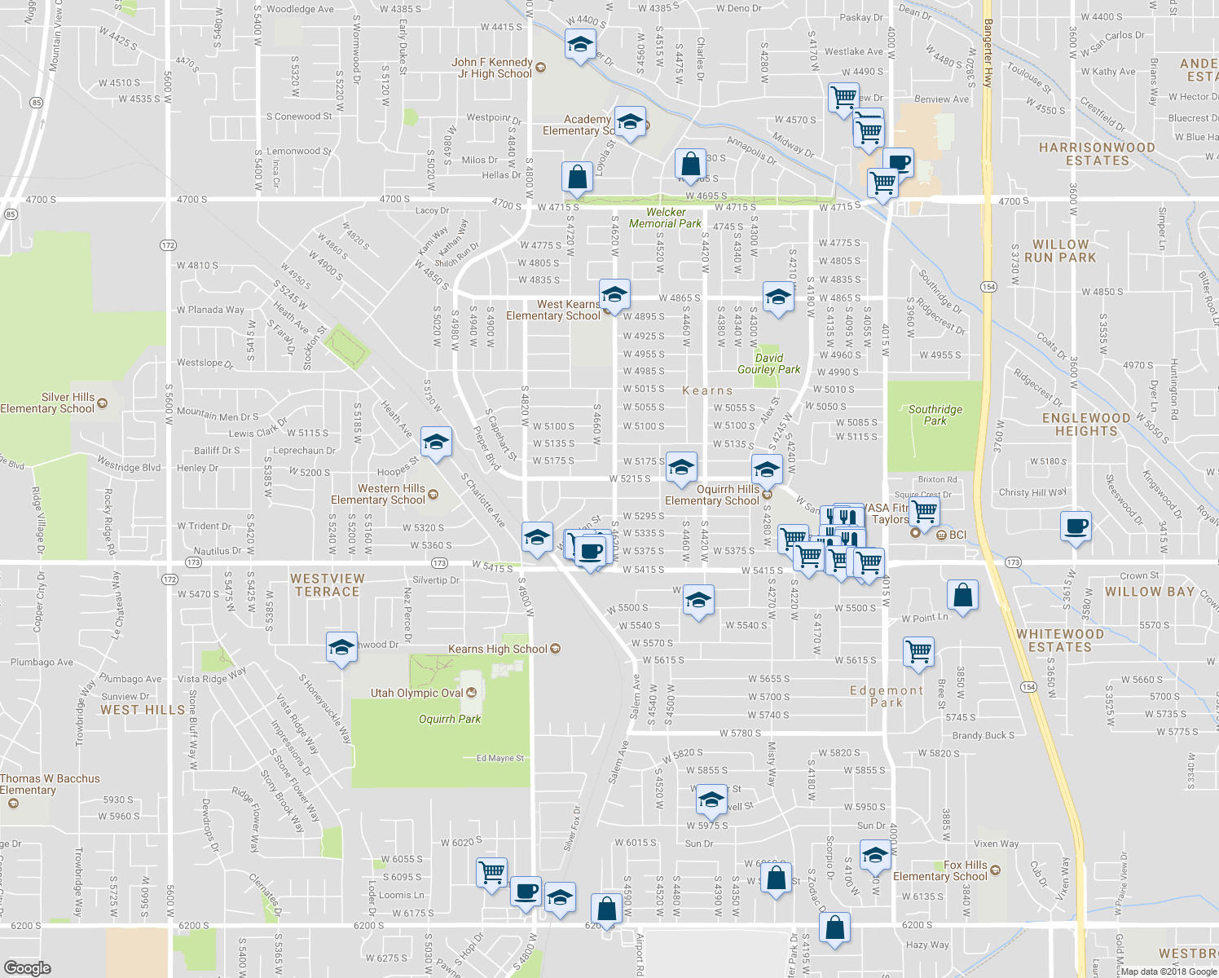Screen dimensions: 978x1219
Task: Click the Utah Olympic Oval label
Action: coord(416,693)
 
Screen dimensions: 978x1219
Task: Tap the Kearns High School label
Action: coord(498,649)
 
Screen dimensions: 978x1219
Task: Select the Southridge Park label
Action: coord(935,415)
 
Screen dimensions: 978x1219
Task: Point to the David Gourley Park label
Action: coord(768,363)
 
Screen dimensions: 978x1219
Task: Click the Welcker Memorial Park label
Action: coord(665,218)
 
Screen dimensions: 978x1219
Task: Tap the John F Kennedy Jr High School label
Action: coord(492,68)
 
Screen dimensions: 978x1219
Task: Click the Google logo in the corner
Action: coord(27,967)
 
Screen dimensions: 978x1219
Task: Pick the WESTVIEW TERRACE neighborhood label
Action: coord(328,585)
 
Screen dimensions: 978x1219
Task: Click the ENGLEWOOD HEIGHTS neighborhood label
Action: coord(1086,425)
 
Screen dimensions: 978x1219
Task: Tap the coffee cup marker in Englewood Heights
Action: coord(1076,526)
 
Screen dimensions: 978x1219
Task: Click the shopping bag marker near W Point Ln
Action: coord(962,594)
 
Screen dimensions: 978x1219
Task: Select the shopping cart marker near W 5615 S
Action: coord(918,652)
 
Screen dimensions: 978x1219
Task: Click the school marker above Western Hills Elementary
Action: coord(436,443)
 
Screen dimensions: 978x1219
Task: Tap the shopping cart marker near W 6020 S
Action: coord(492,871)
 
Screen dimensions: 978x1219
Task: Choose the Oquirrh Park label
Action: coord(450,719)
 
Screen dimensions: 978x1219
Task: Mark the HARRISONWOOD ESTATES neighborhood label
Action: coord(1097,154)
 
